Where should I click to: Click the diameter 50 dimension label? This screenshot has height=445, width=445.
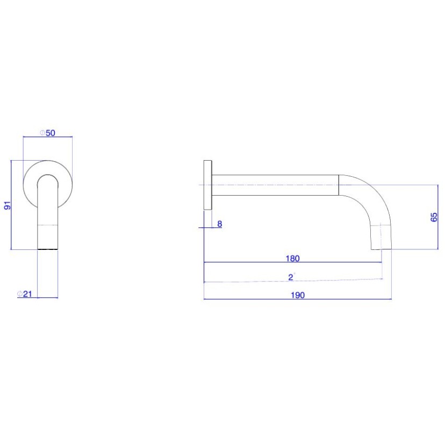47,133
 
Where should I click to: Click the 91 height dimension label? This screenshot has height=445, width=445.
8,205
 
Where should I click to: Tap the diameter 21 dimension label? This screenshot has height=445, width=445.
25,294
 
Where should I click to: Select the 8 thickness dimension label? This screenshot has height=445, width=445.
219,224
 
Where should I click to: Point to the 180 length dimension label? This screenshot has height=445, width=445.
292,259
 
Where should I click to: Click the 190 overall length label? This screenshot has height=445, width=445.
298,295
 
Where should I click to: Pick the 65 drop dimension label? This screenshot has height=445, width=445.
434,217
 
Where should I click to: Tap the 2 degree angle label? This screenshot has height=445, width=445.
291,277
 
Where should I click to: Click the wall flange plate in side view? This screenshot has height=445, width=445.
208,185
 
